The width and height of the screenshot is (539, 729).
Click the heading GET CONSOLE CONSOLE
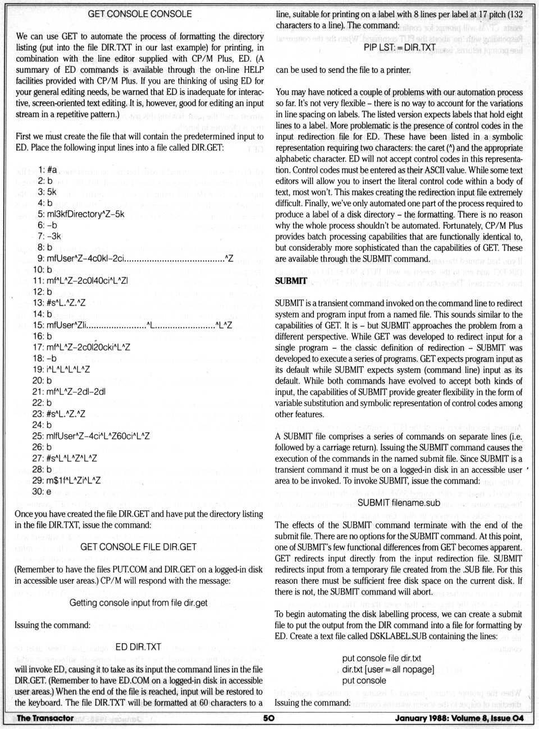tap(139, 14)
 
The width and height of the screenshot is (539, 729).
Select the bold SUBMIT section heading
tap(291, 281)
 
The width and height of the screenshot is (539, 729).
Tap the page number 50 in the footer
tap(269, 718)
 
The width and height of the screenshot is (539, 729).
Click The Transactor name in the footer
tap(45, 718)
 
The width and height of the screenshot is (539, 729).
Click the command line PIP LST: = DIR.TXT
tap(399, 48)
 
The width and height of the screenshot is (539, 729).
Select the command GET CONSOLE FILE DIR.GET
tap(138, 547)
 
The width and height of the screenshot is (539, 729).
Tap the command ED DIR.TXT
tap(138, 647)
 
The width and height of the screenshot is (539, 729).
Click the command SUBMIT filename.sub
tap(399, 502)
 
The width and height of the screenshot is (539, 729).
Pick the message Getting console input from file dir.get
tap(138, 603)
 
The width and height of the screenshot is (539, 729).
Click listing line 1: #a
tap(48, 169)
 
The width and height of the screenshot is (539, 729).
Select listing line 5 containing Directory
tap(81, 214)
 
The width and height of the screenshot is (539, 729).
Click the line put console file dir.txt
tap(381, 658)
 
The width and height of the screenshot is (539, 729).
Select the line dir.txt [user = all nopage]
tap(388, 670)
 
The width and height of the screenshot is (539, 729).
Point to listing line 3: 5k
tap(47, 192)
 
